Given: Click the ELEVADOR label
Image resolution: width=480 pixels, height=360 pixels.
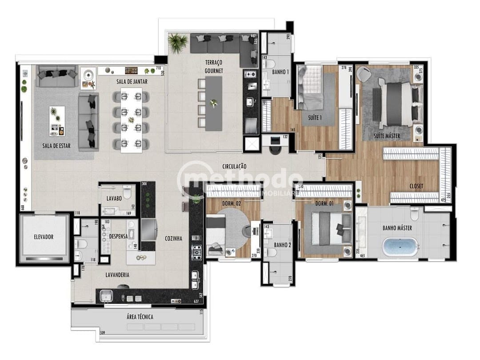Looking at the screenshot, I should click(x=43, y=237).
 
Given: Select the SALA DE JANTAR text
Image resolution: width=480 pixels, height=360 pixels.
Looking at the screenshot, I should click(x=132, y=82).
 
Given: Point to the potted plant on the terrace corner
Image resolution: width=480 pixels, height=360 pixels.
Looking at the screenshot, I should click(x=178, y=43).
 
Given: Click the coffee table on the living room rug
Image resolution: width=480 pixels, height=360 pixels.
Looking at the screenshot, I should click(x=57, y=121).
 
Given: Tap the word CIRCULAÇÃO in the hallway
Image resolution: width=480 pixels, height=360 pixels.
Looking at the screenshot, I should click(x=235, y=166).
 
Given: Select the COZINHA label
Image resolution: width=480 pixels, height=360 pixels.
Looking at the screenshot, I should click(x=173, y=238).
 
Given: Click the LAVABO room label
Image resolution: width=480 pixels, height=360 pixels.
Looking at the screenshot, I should click(x=115, y=199).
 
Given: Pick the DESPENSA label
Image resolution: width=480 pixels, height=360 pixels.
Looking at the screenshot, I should click(x=119, y=236).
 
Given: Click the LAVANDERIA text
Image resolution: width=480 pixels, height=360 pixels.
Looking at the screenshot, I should click(x=117, y=275).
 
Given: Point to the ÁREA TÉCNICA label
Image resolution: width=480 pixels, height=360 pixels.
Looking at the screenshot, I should click(x=139, y=317).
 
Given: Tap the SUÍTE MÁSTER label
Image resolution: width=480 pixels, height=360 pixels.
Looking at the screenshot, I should click(x=387, y=136).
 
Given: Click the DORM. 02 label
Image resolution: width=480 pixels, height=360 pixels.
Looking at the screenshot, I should click(x=232, y=204).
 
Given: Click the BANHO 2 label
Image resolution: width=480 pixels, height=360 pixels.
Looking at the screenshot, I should click(x=282, y=244).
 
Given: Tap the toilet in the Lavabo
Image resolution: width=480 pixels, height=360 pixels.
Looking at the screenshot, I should click(x=127, y=193).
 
